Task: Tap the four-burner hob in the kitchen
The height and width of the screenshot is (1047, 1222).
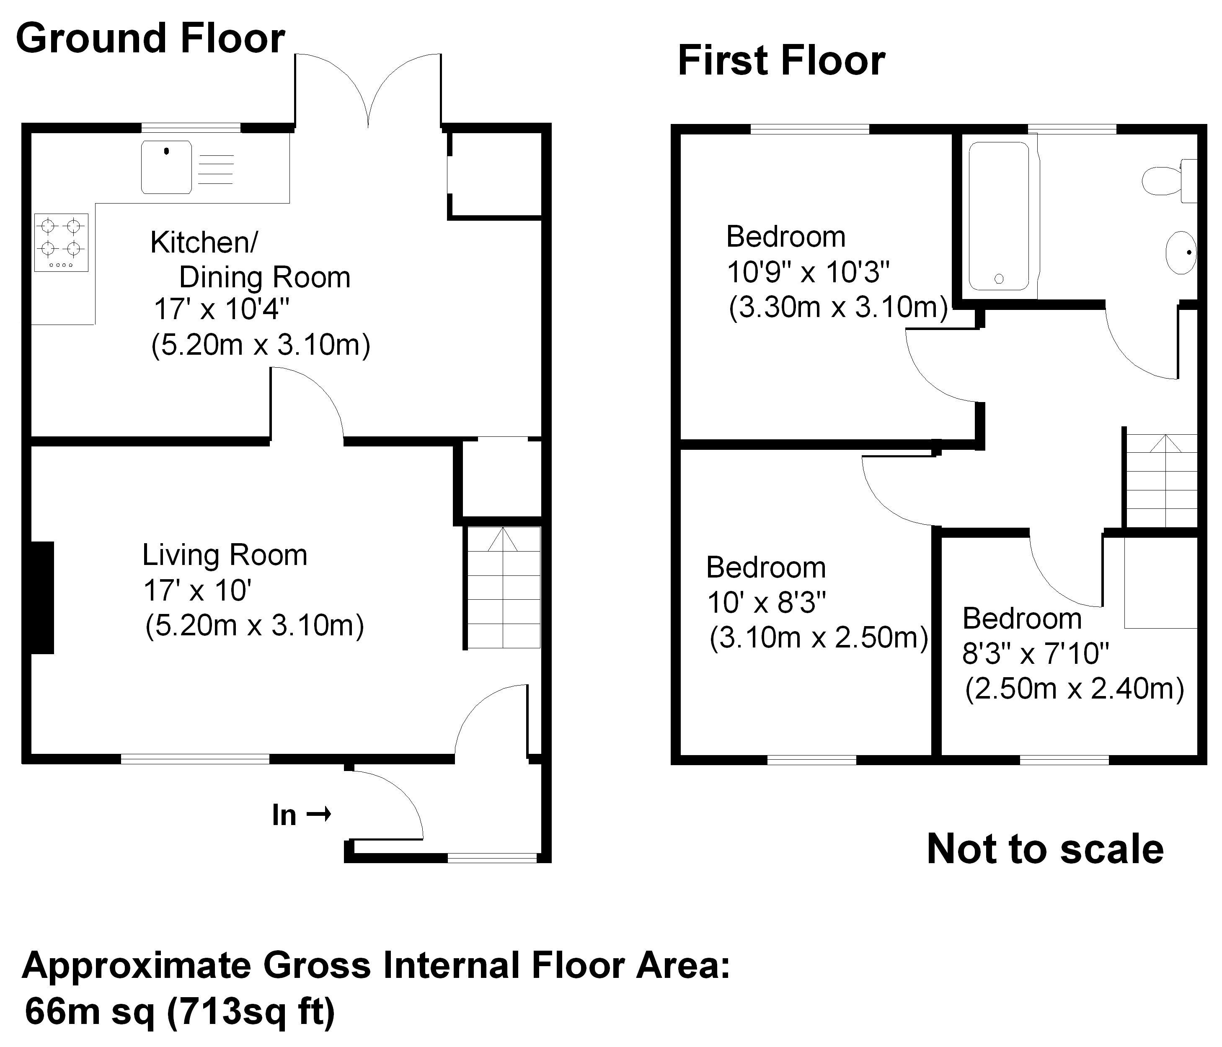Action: click(61, 242)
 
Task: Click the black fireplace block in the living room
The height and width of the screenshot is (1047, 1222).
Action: click(41, 597)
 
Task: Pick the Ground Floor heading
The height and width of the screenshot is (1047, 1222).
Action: click(150, 38)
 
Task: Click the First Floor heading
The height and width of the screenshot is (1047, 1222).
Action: click(781, 60)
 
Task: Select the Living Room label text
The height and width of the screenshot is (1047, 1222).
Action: click(225, 555)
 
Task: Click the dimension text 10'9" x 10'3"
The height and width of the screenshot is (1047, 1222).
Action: click(807, 272)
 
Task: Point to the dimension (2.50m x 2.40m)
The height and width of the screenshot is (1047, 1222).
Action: click(1074, 689)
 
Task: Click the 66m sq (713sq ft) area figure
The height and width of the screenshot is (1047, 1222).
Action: click(180, 1012)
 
